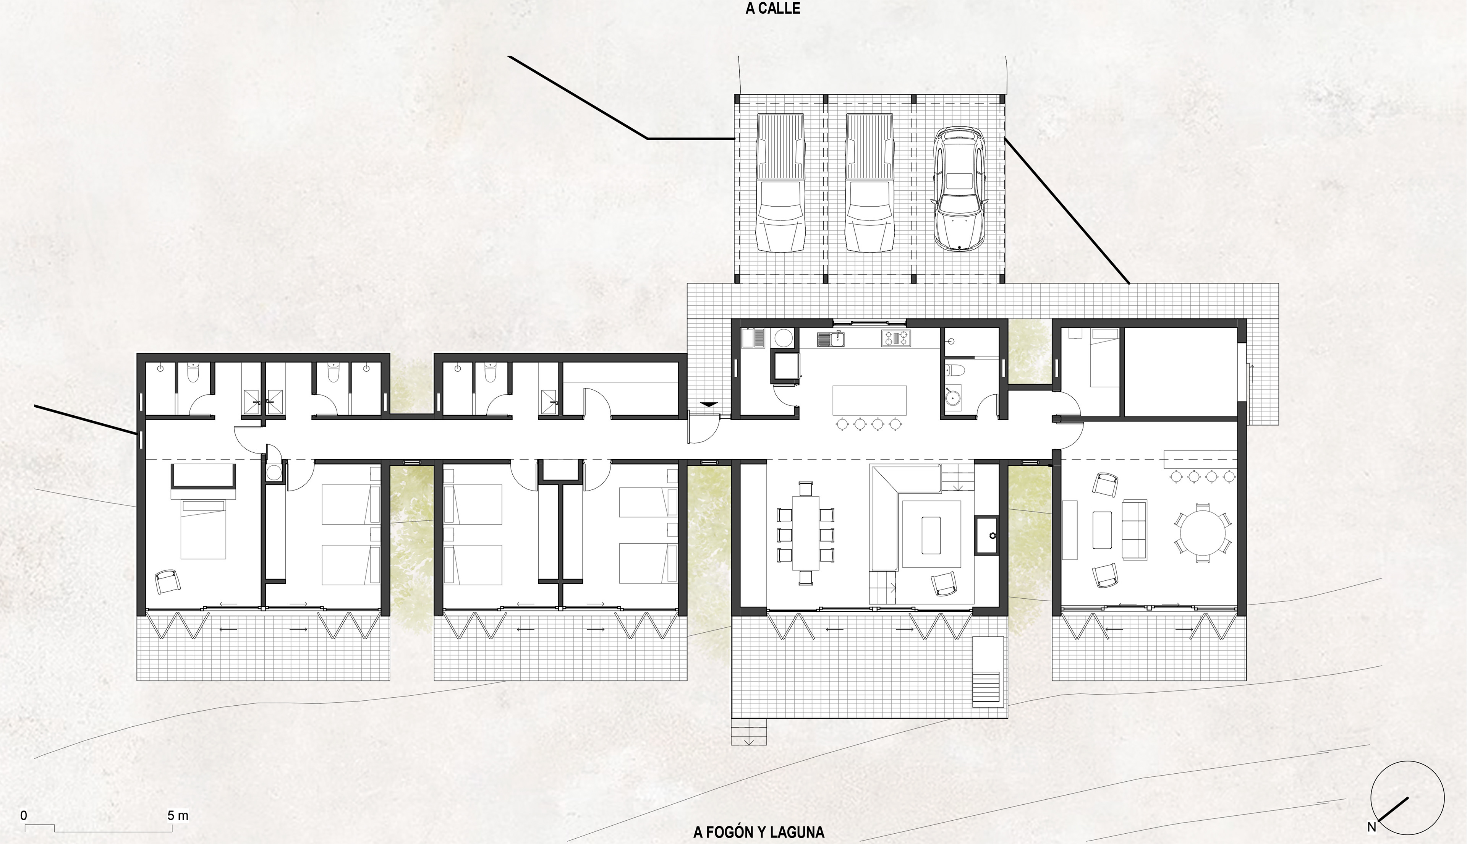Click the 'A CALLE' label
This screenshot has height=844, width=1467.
772,9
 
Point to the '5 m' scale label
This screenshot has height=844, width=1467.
178,816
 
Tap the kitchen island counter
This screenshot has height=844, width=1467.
870,400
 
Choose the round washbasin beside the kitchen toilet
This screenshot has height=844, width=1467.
953,397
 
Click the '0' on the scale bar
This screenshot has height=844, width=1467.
24,816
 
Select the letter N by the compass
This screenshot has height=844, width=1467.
1371,827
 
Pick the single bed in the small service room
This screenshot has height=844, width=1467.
1104,358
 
